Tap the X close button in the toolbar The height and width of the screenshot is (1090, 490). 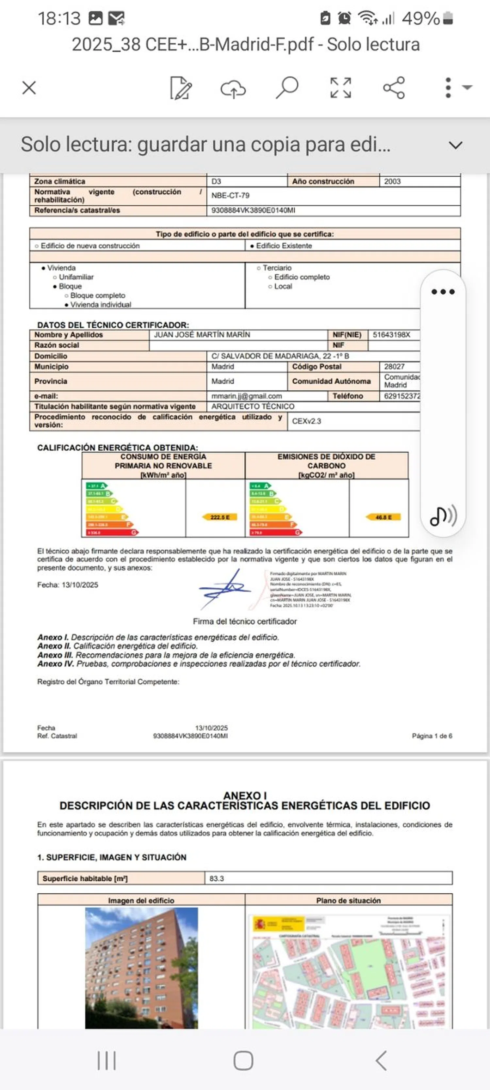click(x=29, y=88)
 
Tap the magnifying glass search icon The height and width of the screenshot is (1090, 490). click(x=287, y=88)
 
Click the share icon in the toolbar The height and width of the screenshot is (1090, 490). click(x=394, y=88)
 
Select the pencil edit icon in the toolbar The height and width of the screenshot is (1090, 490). click(x=181, y=88)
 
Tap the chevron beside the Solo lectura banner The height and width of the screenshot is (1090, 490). click(x=455, y=145)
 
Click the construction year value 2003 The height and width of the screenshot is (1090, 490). click(x=392, y=182)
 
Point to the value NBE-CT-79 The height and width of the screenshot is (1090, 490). click(x=230, y=196)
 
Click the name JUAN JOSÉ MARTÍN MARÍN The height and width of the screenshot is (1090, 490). click(x=202, y=335)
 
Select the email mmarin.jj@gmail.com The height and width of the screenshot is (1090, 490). click(x=247, y=396)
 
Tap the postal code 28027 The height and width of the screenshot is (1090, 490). click(x=394, y=366)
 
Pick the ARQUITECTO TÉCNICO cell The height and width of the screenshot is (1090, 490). click(x=253, y=406)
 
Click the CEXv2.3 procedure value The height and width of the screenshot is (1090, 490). click(x=306, y=421)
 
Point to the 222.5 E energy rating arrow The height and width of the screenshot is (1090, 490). click(x=220, y=517)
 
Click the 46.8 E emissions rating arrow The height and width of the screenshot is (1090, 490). click(x=383, y=517)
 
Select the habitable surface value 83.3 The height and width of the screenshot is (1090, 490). click(x=217, y=878)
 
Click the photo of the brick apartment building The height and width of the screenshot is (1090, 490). click(x=141, y=968)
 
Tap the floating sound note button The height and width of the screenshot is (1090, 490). click(x=443, y=515)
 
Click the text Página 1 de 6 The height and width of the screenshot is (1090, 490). click(x=432, y=736)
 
